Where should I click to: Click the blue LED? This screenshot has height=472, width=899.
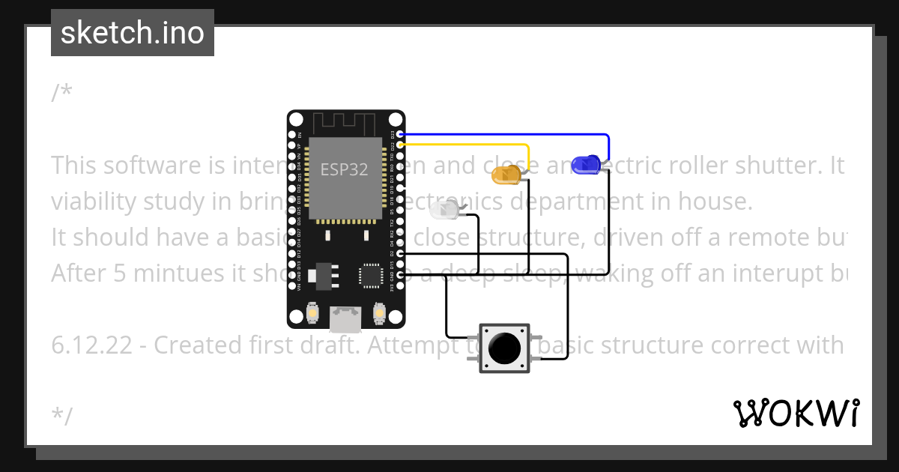click(584, 163)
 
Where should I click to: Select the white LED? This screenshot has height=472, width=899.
click(444, 211)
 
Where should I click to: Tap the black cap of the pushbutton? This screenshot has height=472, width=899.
click(504, 348)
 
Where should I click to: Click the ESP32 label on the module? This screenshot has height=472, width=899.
click(345, 169)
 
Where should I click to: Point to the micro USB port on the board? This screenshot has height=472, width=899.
click(345, 319)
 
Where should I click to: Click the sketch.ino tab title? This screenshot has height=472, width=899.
click(133, 33)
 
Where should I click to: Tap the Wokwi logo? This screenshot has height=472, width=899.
click(796, 414)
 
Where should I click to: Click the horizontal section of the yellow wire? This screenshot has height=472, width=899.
click(464, 144)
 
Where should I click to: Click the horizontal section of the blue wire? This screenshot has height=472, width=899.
click(502, 135)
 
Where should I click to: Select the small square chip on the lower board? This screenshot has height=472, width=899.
click(372, 275)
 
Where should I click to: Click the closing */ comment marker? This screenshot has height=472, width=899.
click(62, 416)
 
